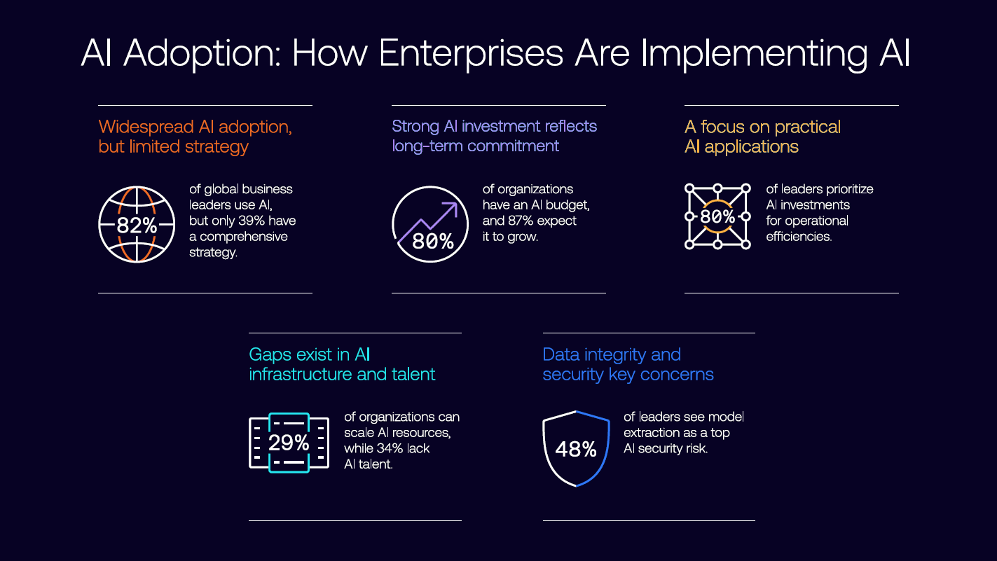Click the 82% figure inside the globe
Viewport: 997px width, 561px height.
point(137,225)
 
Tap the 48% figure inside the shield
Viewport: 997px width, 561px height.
point(576,449)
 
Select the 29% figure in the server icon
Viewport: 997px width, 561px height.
point(289,443)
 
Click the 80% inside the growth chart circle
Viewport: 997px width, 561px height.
point(432,242)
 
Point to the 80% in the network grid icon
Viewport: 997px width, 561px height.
point(717,216)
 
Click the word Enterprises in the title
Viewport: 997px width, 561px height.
point(471,54)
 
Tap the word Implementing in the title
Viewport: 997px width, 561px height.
point(754,54)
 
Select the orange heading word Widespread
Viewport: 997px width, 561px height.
point(146,127)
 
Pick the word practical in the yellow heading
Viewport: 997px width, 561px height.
point(807,127)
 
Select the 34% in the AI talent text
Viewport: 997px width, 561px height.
point(390,448)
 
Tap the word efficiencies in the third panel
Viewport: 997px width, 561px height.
point(799,236)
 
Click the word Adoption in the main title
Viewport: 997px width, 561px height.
point(202,54)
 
